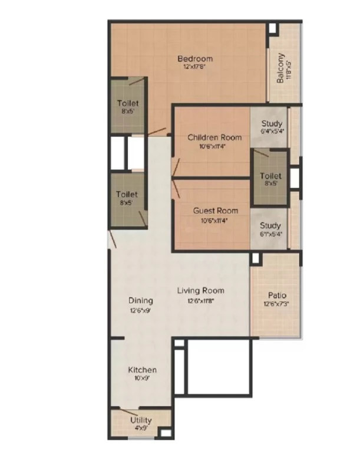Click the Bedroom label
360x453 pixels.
point(195,59)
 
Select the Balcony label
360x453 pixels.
point(280,68)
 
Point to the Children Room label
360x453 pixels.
point(214,137)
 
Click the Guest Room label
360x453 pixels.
point(216,211)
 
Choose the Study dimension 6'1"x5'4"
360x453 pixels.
point(271,234)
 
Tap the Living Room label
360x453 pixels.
point(201,290)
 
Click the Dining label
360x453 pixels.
point(141,301)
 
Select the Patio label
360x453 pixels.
point(277,296)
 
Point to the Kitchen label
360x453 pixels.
point(143,370)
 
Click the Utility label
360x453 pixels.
point(141,420)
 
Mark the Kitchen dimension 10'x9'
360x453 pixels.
point(142,378)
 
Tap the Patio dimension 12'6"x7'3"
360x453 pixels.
point(276,304)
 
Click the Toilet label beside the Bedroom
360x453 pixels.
point(128,103)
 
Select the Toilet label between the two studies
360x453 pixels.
point(270,176)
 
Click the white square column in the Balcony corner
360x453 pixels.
point(272,28)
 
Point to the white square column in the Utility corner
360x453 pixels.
point(166,433)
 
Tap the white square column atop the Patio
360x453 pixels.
point(255,258)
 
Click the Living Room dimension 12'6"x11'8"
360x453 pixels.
point(201,301)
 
